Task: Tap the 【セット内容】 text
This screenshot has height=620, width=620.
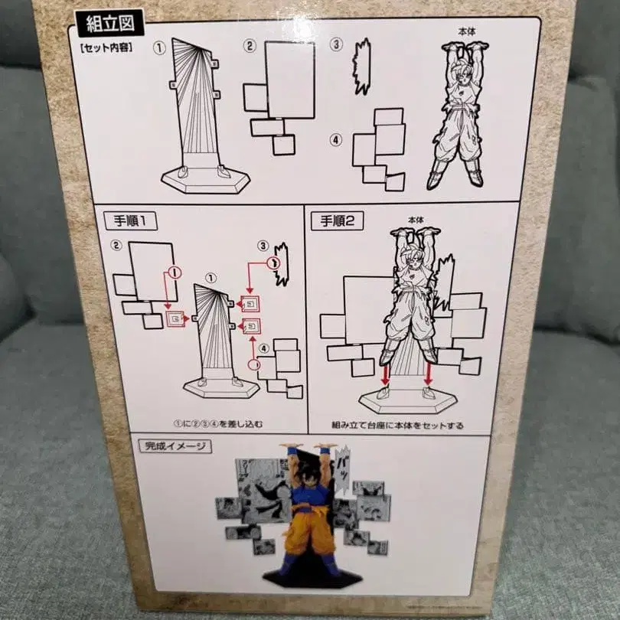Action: click(x=109, y=47)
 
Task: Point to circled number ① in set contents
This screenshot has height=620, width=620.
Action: click(x=159, y=47)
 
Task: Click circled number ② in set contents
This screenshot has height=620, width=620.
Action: click(x=249, y=46)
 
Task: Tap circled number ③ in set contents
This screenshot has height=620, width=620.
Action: click(x=336, y=44)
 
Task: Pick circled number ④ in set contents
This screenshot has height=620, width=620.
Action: click(x=335, y=139)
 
